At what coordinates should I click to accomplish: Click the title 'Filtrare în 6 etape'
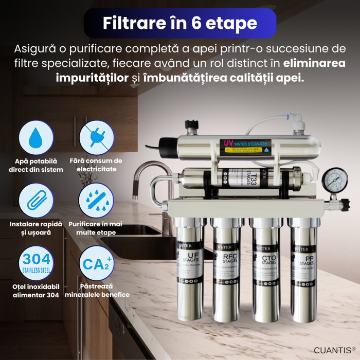tap(180, 23)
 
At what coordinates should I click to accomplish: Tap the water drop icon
tap(36, 138)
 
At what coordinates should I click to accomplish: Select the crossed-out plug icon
tap(97, 138)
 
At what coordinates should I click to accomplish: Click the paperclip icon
tap(36, 201)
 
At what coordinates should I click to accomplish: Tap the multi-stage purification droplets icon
tap(97, 201)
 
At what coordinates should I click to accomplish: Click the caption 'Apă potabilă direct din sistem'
tap(36, 165)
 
